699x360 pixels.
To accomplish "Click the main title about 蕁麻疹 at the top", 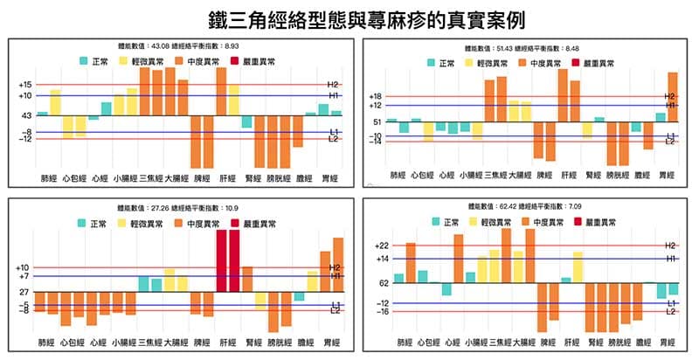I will pos(349,18).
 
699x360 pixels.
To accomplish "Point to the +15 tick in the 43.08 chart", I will pos(24,85).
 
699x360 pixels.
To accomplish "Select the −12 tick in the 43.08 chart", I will pos(26,139).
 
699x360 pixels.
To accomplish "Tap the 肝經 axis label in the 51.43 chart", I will pos(569,175).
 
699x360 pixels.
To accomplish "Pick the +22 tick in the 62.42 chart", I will pos(378,246).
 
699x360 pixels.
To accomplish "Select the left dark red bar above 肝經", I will pos(221,260).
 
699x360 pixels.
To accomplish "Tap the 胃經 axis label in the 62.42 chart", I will pos(667,343).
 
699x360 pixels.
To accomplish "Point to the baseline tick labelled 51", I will pos(377,122).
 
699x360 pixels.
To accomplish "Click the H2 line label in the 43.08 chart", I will pos(333,85).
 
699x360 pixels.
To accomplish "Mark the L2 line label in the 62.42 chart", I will pos(671,311).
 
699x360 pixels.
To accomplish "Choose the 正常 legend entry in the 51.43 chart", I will pos(440,63).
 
